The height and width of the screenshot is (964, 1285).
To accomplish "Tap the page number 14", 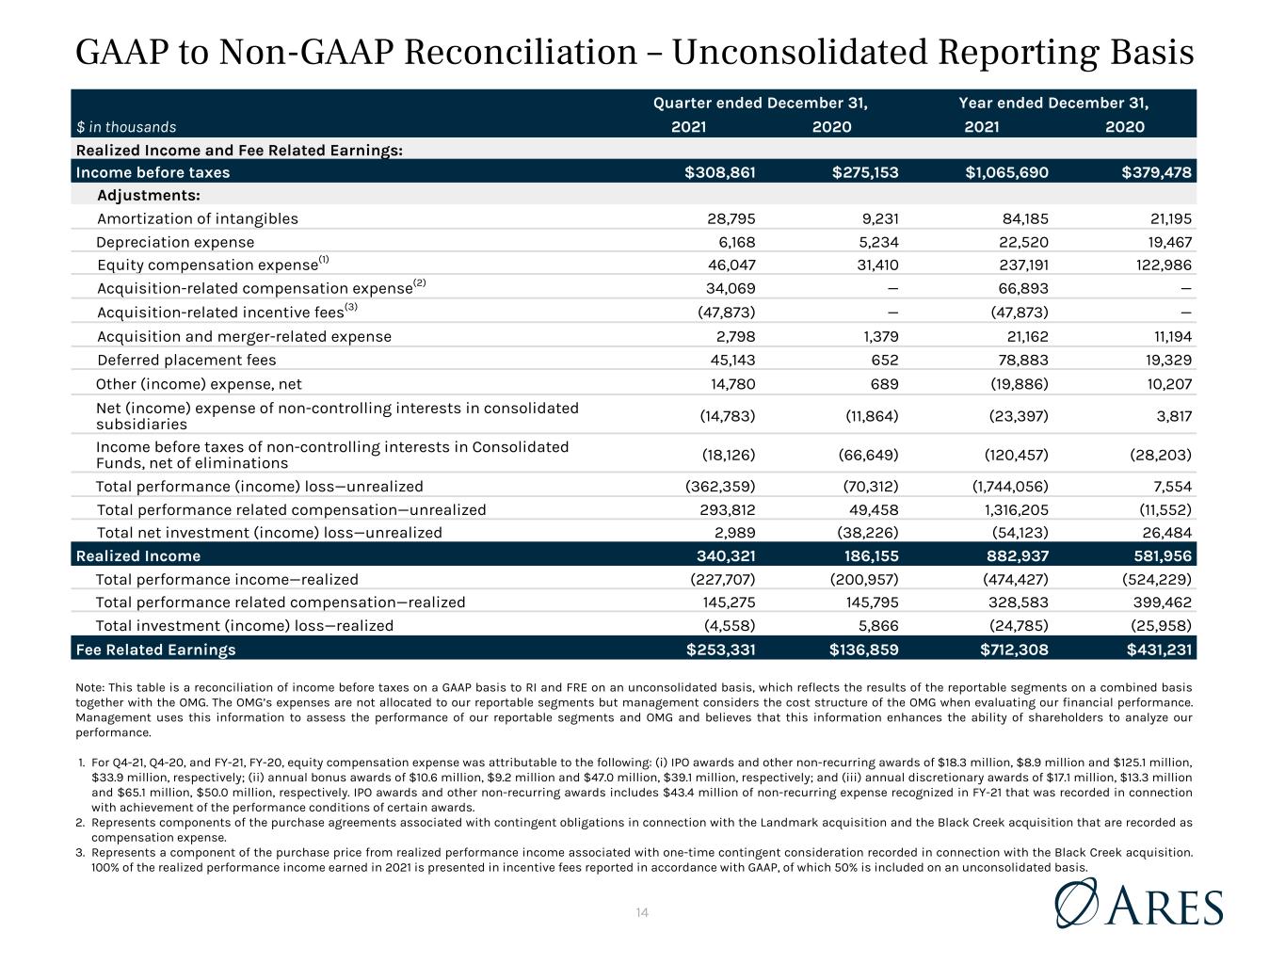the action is tap(642, 912).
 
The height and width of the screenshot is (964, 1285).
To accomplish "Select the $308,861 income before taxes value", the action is tap(719, 172).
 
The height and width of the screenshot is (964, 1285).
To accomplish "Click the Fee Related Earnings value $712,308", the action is tap(1014, 650).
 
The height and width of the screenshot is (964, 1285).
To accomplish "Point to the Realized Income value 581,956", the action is tap(1162, 556).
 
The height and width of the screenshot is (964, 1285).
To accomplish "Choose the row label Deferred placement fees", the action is tap(186, 360).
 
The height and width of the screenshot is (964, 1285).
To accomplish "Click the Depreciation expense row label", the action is tap(175, 242).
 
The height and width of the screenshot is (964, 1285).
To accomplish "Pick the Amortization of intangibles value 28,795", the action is tap(731, 219).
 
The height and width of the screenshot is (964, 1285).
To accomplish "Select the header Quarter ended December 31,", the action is tap(760, 103).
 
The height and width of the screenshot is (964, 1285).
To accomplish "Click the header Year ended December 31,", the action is tap(1053, 103).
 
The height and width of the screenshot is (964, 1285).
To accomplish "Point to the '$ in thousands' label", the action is tap(126, 127).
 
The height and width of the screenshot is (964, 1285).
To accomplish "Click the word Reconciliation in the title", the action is tap(521, 52).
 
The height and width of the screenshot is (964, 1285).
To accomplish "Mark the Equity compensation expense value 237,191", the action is tap(1023, 265).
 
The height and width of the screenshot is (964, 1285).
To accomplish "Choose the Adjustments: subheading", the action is tap(149, 196).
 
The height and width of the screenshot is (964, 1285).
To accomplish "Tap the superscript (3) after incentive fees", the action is tap(350, 306).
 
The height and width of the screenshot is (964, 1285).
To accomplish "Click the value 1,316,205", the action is tap(1017, 510).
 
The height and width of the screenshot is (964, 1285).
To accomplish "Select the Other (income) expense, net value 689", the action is tap(885, 384).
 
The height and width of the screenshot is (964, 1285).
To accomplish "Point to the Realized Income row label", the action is tap(138, 556).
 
